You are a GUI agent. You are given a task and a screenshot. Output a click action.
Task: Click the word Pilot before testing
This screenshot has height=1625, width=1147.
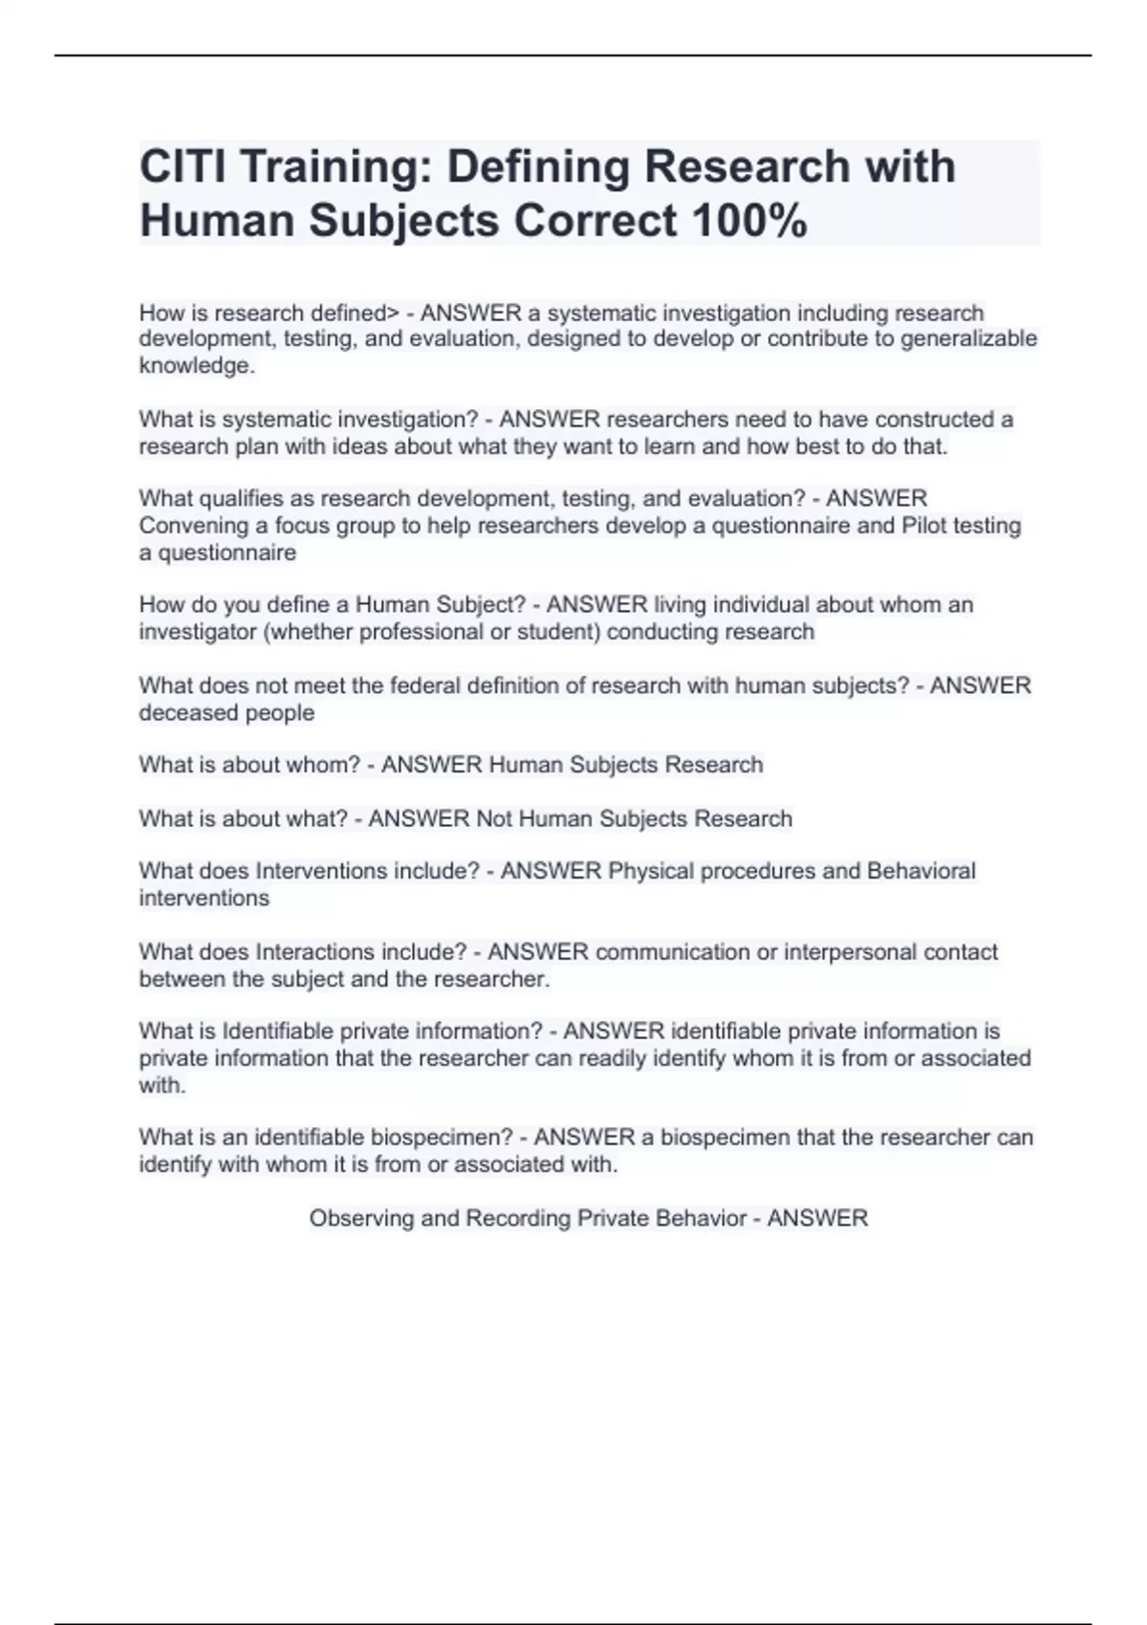click(x=926, y=526)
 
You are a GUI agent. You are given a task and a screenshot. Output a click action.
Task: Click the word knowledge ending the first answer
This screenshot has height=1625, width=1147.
click(x=196, y=365)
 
